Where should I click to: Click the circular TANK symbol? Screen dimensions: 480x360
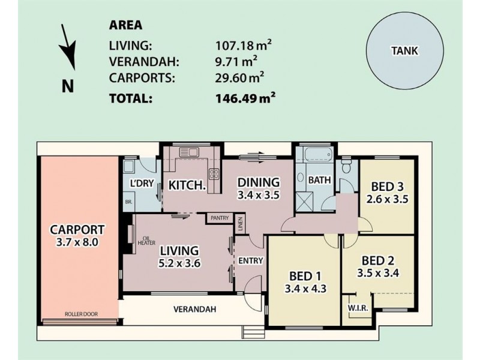[404, 52]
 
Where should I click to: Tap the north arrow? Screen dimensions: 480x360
[68, 47]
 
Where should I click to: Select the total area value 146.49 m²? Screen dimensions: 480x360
[245, 98]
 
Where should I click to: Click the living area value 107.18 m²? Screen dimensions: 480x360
[244, 46]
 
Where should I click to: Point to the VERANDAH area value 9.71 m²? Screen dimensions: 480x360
[236, 62]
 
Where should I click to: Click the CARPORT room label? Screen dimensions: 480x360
[77, 230]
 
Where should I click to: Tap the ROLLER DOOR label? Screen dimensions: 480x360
[82, 314]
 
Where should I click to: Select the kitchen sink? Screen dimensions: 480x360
[189, 152]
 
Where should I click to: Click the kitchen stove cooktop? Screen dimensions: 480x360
[214, 174]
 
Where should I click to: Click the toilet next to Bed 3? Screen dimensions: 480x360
[347, 166]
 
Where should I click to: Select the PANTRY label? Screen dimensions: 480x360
[220, 218]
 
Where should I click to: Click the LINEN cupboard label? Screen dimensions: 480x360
[241, 224]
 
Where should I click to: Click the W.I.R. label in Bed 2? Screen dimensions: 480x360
[358, 308]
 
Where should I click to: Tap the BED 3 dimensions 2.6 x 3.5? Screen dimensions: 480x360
[387, 199]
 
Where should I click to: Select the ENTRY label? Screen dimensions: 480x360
[251, 260]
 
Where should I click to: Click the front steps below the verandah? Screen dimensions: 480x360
[253, 332]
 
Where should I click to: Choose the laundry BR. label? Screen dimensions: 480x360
[128, 202]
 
